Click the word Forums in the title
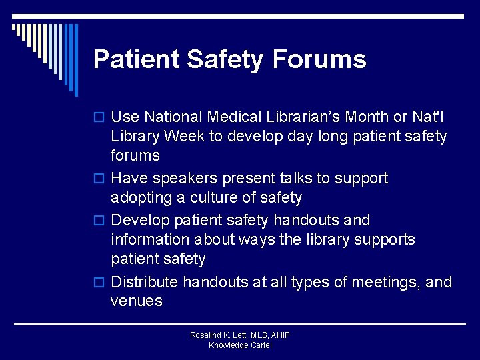pyautogui.click(x=319, y=59)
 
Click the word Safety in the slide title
pyautogui.click(x=225, y=59)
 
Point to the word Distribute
pyautogui.click(x=145, y=283)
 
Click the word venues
pyautogui.click(x=137, y=301)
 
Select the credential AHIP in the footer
pyautogui.click(x=279, y=335)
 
